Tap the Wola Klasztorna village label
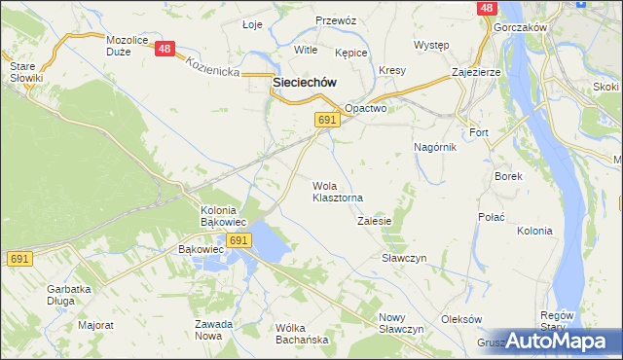337,192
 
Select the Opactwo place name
366,109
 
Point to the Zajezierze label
476,73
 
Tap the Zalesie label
374,221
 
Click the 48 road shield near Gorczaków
487,8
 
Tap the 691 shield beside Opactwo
326,119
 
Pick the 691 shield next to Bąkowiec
238,239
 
